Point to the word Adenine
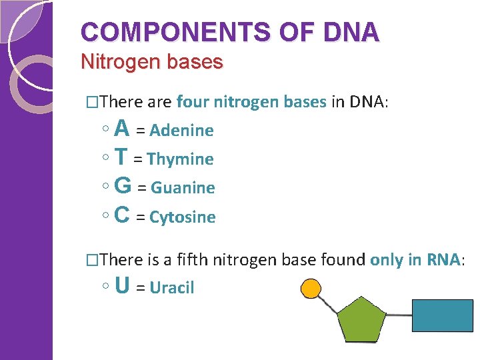point(181,131)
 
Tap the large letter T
point(121,157)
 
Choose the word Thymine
point(180,159)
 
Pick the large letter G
point(123,185)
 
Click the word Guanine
point(183,188)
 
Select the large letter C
point(122,215)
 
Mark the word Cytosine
point(183,217)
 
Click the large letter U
point(122,285)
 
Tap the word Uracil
point(172,288)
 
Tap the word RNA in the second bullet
point(443,259)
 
